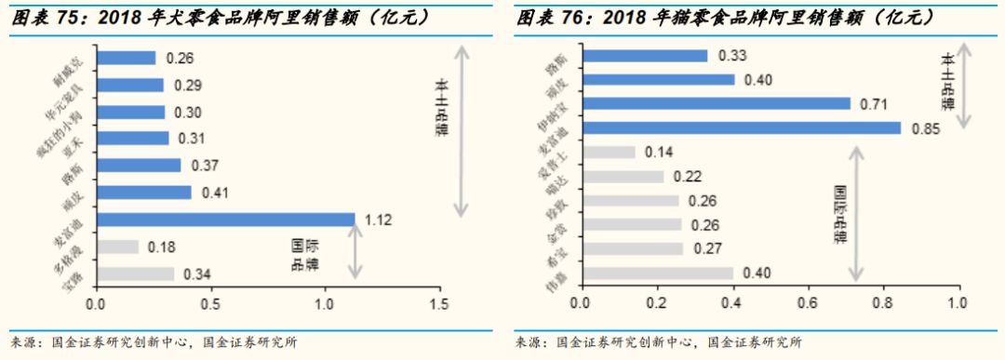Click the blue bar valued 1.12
pos(225,220)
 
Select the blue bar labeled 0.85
pos(741,127)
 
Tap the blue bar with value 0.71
pos(715,103)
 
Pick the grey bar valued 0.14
pos(608,152)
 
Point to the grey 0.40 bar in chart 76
pos(657,273)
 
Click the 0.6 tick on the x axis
pos(807,304)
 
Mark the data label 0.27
pos(703,249)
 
